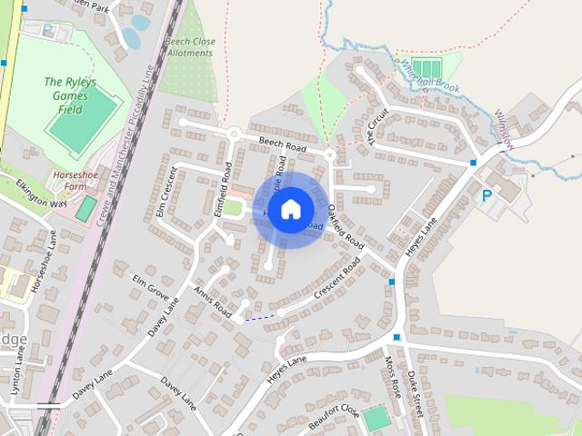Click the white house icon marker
point(290,209)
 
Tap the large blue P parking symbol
point(487,195)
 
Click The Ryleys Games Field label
point(70,95)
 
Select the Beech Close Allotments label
point(189,46)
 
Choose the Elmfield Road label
point(224,188)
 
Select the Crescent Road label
point(337,281)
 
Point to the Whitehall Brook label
point(426,76)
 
